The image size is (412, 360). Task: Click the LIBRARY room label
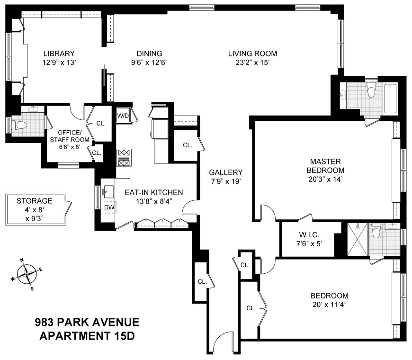click(59, 54)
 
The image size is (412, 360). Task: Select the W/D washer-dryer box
click(123, 115)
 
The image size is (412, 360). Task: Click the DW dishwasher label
click(109, 207)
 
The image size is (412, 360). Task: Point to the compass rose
click(27, 274)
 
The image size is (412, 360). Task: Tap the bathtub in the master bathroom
click(390, 99)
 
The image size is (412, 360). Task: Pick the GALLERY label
click(226, 172)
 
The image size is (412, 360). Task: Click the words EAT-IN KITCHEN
click(153, 192)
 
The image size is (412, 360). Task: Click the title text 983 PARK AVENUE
click(87, 323)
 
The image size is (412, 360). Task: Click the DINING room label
click(149, 54)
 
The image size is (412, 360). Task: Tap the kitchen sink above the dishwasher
click(108, 191)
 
